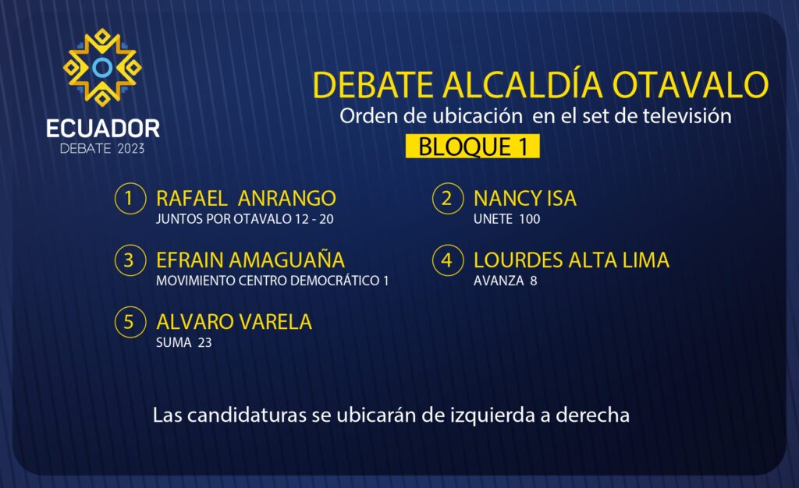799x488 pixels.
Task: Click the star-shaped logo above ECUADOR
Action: (102, 67)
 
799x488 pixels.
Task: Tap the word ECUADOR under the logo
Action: (103, 129)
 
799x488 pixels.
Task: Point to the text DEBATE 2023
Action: (102, 149)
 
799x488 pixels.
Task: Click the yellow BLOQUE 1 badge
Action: (472, 147)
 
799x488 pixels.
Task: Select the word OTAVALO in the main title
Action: (691, 84)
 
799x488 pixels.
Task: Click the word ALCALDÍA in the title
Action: (523, 83)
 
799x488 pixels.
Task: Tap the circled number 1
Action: (130, 198)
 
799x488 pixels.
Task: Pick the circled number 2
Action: (447, 198)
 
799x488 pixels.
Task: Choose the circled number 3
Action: (130, 260)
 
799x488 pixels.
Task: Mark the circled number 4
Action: (447, 260)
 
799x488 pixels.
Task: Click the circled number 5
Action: (130, 322)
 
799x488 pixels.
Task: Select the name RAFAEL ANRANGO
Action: (246, 199)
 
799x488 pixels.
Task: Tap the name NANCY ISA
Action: (525, 199)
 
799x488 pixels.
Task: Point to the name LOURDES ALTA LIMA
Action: (571, 260)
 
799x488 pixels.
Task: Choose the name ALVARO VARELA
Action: (234, 322)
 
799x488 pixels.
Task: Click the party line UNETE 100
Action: (506, 219)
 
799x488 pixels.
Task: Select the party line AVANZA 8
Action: (505, 281)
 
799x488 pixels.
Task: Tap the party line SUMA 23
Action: (183, 342)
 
